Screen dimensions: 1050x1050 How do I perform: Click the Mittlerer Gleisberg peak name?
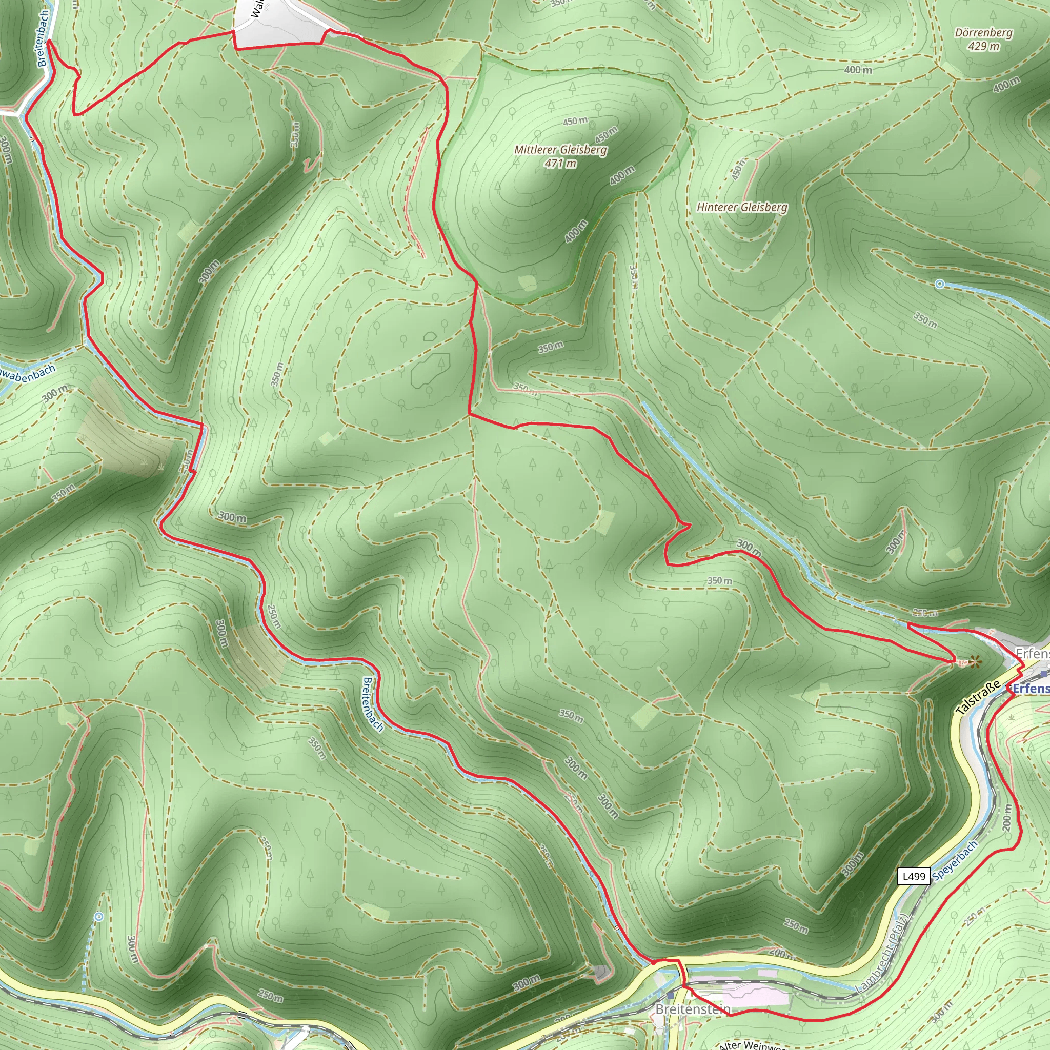coord(560,150)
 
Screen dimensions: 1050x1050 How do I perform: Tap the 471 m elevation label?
coord(560,163)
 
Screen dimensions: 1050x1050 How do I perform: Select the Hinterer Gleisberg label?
coord(742,207)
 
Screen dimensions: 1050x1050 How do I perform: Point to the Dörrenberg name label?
coord(984,33)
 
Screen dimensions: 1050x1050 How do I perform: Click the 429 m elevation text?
coord(984,46)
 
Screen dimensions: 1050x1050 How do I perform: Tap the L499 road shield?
coord(914,876)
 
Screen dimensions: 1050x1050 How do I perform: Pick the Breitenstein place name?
coord(693,1009)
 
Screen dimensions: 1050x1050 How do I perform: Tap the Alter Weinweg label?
coord(750,1044)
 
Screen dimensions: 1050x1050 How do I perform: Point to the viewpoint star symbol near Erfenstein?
coord(976,662)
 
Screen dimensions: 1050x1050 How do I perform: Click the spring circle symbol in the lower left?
coord(99,917)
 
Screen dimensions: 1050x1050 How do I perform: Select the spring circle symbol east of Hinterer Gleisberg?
coord(940,284)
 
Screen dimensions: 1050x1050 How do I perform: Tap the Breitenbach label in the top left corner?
coord(44,38)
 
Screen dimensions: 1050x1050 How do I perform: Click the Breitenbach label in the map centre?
coord(373,704)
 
